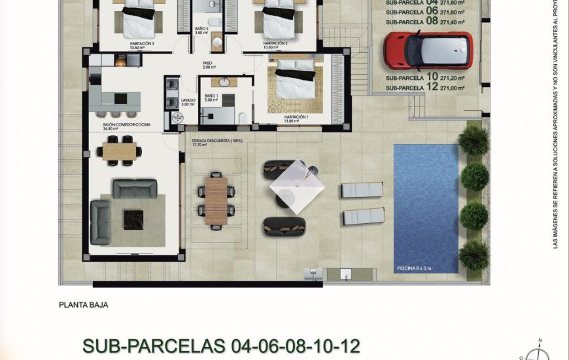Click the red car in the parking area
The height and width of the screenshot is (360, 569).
pos(428,50)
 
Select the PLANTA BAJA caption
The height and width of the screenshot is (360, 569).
pos(83,304)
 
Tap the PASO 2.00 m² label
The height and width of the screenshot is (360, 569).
pos(209,65)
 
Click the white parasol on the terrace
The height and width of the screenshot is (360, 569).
pos(297,186)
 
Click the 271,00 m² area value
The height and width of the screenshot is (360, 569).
pos(453,88)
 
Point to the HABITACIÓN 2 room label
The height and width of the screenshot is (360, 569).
pos(275,45)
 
